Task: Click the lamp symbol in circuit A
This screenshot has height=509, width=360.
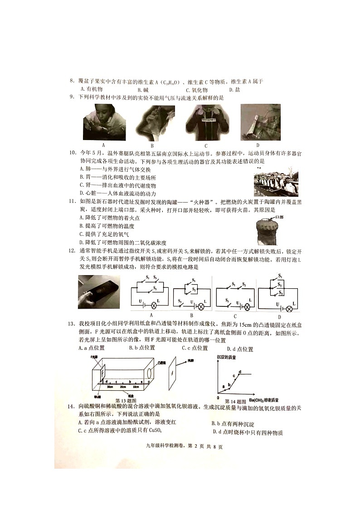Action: pyautogui.click(x=153, y=306)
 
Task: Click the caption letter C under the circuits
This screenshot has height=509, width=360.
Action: pyautogui.click(x=235, y=316)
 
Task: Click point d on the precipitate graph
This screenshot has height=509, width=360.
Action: pyautogui.click(x=240, y=372)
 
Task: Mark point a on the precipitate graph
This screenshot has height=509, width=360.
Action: pyautogui.click(x=224, y=386)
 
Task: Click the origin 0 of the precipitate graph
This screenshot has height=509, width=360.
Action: pyautogui.click(x=218, y=398)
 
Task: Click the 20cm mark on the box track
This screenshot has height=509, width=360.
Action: pyautogui.click(x=123, y=387)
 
